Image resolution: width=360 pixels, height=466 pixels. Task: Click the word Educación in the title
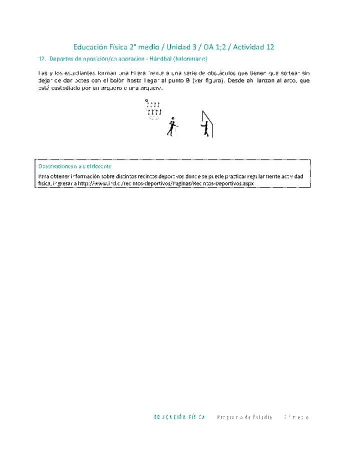click(x=90, y=47)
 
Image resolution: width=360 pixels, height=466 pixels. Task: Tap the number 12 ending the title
click(x=270, y=47)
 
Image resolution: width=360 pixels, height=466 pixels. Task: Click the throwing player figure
click(x=171, y=127)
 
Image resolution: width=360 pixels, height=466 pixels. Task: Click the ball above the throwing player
click(x=173, y=117)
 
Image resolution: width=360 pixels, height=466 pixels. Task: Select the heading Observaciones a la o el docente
click(x=74, y=166)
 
